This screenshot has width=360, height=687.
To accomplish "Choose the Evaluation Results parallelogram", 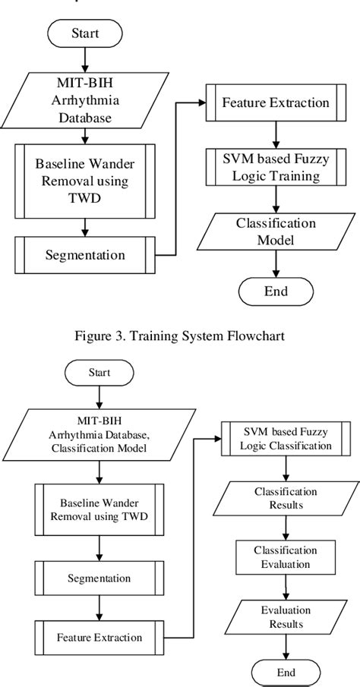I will [x=282, y=616].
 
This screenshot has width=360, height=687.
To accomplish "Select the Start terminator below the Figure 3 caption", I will [x=99, y=372].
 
